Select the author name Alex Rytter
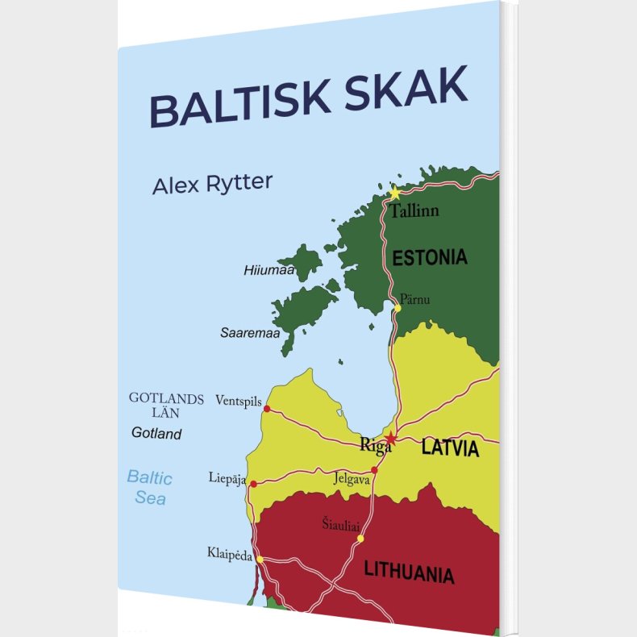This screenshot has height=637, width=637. pos(212,184)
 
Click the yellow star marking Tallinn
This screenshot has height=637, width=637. pos(394,194)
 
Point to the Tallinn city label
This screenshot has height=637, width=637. pos(414,212)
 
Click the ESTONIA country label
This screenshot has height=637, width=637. pos(429,258)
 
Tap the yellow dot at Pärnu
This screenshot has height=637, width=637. pos(398,307)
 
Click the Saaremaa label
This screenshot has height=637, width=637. pos(250,332)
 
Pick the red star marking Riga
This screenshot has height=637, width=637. pos(391,439)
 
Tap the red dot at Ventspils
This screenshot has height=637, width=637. pos(267,409)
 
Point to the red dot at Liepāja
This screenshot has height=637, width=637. pos(253,485)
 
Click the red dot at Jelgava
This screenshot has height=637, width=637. pos(374,470)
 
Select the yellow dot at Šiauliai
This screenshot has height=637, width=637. pos(360,538)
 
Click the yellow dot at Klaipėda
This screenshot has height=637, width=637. pos(260,558)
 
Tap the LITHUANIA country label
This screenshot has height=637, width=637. pos(409,572)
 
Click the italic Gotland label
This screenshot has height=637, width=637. pos(156,434)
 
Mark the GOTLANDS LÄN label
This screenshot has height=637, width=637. pos(166,405)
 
